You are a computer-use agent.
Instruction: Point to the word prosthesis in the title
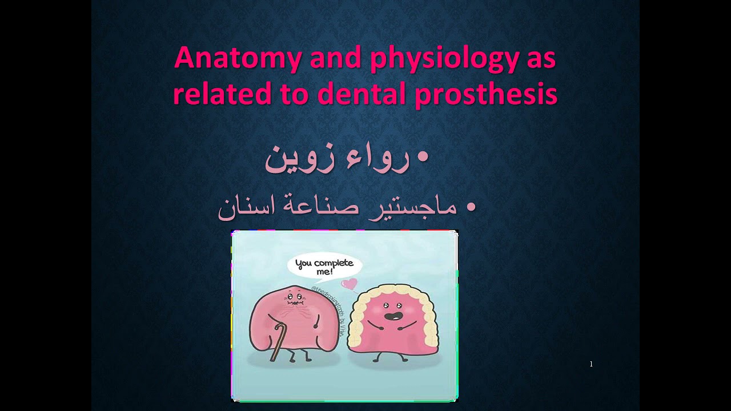pyautogui.click(x=485, y=94)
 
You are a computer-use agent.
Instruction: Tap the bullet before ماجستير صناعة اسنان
pyautogui.click(x=471, y=207)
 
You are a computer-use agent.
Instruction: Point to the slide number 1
pyautogui.click(x=591, y=364)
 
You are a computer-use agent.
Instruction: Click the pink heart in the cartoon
pyautogui.click(x=350, y=283)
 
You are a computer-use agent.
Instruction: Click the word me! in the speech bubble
pyautogui.click(x=324, y=273)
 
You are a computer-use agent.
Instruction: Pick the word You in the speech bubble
pyautogui.click(x=304, y=264)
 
